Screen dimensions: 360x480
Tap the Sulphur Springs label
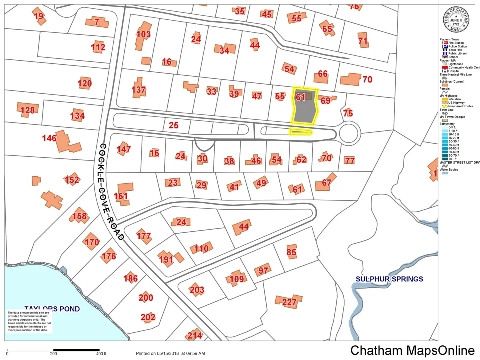pos(389,279)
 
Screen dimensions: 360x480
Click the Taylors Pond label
pos(52,309)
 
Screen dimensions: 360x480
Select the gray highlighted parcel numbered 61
pos(304,106)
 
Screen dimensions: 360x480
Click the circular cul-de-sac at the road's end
pos(349,133)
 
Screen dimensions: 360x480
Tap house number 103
pos(143,34)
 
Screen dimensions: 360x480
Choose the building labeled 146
pos(50,138)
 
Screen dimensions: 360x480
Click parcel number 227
pos(289,302)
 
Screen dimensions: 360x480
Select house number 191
pos(166,259)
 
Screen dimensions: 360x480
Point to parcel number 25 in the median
pos(173,125)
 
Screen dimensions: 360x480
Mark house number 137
pos(139,90)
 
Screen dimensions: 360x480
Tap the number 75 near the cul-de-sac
pos(348,113)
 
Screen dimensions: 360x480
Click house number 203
pos(197,289)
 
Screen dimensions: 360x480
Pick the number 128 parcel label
pos(28,110)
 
